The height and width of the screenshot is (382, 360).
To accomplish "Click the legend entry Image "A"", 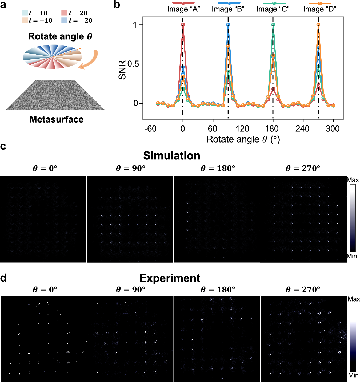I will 183,9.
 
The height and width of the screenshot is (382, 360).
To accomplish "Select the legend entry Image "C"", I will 273,9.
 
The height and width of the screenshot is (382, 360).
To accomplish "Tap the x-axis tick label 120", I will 242,129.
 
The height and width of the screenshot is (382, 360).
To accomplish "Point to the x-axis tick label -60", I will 150,129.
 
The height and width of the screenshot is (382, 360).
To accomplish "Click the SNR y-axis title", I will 122,70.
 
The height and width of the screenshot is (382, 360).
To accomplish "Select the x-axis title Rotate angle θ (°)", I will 243,139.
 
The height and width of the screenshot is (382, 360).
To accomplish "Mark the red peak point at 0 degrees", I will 183,25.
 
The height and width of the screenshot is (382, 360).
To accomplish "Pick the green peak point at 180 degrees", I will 273,25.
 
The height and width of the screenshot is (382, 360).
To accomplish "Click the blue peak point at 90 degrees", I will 228,25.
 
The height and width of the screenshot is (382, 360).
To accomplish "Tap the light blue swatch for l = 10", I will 25,13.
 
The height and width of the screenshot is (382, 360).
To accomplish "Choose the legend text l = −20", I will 80,21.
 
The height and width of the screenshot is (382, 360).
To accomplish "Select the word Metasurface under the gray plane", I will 57,119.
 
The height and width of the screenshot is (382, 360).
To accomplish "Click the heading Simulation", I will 171,156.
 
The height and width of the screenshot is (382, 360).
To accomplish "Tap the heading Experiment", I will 170,278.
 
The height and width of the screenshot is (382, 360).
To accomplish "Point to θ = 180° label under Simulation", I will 218,168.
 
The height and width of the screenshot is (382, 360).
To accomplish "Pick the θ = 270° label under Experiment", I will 303,290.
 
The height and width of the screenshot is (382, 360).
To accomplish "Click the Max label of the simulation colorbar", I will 353,180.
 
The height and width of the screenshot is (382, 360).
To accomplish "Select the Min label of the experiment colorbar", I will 353,375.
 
